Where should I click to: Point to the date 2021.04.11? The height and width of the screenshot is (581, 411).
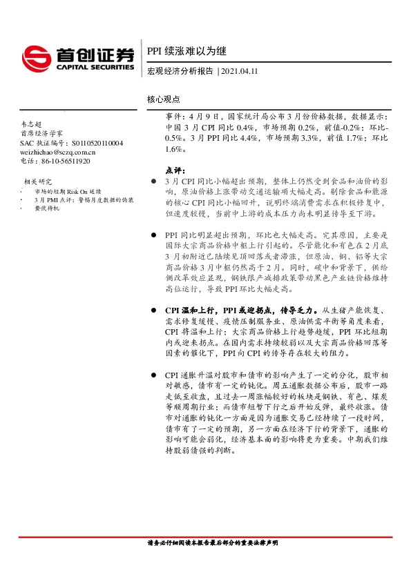[x=240, y=71]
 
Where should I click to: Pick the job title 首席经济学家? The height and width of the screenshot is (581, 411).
[x=41, y=132]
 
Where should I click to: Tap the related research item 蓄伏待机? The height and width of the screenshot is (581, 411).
[x=46, y=208]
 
